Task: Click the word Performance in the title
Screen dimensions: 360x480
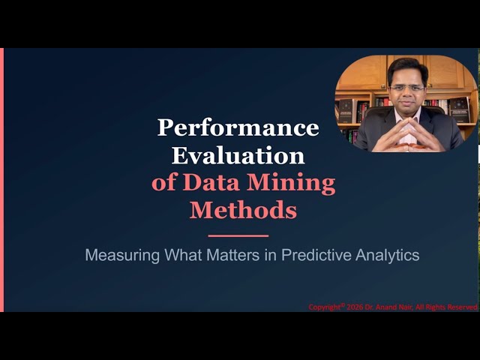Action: pyautogui.click(x=238, y=127)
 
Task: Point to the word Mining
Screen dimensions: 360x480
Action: pyautogui.click(x=292, y=182)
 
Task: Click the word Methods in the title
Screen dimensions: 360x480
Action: pyautogui.click(x=243, y=210)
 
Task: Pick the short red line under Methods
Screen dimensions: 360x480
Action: pyautogui.click(x=238, y=235)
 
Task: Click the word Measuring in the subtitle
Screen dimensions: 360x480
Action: pyautogui.click(x=116, y=255)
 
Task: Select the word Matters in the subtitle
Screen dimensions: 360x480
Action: pyautogui.click(x=232, y=255)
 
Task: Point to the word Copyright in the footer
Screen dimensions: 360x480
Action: pyautogui.click(x=325, y=307)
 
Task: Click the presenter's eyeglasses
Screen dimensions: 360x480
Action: pyautogui.click(x=406, y=87)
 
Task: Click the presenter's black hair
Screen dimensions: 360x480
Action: pyautogui.click(x=407, y=67)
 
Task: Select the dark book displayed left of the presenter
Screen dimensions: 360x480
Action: pyautogui.click(x=346, y=111)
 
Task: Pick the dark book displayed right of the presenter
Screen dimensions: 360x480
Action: pyautogui.click(x=459, y=109)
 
